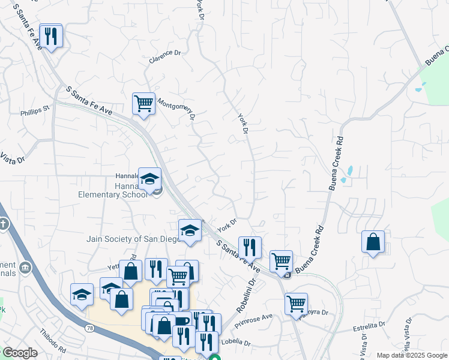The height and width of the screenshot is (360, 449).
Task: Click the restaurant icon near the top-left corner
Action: [x=51, y=37]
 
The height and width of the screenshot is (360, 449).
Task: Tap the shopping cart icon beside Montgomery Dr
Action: [x=143, y=104]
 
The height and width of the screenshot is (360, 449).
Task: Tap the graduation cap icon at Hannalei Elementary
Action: [x=149, y=179]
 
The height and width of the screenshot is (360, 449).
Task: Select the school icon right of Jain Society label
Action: [x=190, y=230]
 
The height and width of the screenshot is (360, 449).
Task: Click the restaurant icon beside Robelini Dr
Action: [x=249, y=247]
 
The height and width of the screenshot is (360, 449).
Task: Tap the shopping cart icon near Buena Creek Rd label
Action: [x=280, y=261]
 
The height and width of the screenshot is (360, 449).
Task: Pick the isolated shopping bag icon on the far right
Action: [x=373, y=242]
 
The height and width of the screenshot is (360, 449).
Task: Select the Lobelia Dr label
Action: [x=236, y=342]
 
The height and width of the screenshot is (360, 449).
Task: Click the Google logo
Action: [x=19, y=353]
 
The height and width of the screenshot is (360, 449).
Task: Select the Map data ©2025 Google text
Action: [x=411, y=355]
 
